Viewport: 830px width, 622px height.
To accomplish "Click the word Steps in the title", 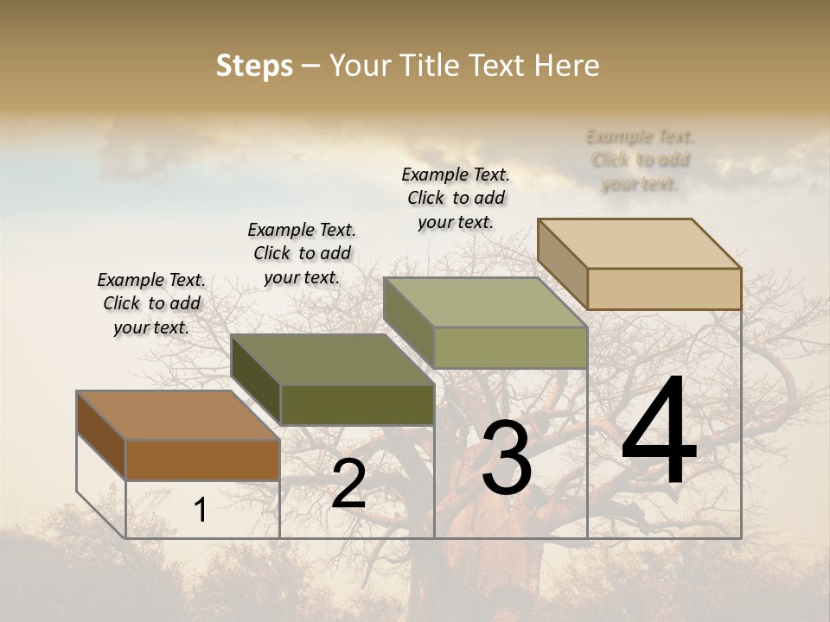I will (254, 66).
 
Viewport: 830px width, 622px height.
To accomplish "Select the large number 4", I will (659, 433).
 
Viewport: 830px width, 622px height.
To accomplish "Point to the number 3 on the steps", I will (506, 458).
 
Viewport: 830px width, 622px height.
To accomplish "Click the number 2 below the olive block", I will (348, 484).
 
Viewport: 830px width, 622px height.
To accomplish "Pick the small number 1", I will (200, 511).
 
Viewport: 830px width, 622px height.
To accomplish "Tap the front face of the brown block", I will (202, 460).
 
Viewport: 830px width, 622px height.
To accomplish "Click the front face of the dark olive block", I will (357, 404).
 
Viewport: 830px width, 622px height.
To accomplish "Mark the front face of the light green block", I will (510, 347).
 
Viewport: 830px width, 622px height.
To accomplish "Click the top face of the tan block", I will (639, 244).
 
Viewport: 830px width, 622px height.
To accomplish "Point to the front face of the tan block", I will (664, 289).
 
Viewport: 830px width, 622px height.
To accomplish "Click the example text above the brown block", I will (151, 303).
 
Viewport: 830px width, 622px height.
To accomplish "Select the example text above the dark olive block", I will (302, 253).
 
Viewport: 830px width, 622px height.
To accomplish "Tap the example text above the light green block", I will (456, 198).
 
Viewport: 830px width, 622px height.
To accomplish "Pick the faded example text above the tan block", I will (640, 160).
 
